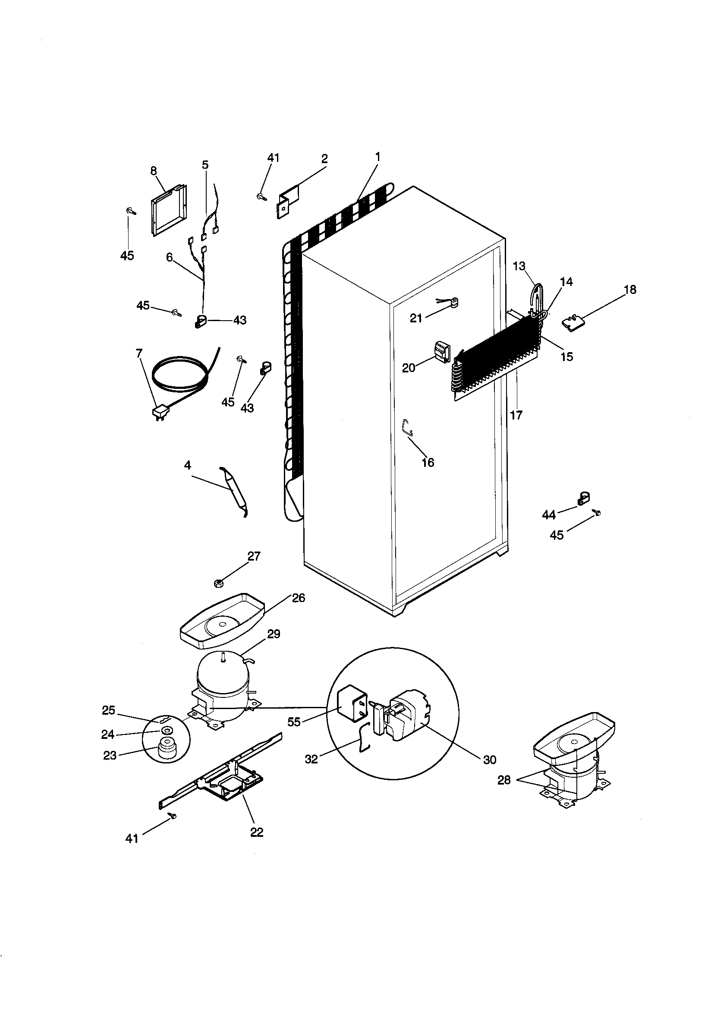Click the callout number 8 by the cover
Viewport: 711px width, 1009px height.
tap(153, 171)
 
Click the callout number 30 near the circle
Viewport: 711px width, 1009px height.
tap(489, 760)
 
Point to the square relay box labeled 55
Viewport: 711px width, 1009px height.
tap(352, 707)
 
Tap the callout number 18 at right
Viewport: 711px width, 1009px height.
tap(630, 290)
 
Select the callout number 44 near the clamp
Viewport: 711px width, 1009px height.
tap(549, 514)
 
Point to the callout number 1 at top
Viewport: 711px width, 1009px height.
tap(377, 157)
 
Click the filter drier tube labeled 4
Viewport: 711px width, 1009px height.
tap(234, 491)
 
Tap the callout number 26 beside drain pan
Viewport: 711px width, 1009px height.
tap(299, 598)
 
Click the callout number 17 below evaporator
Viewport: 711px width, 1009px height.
tap(516, 414)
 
